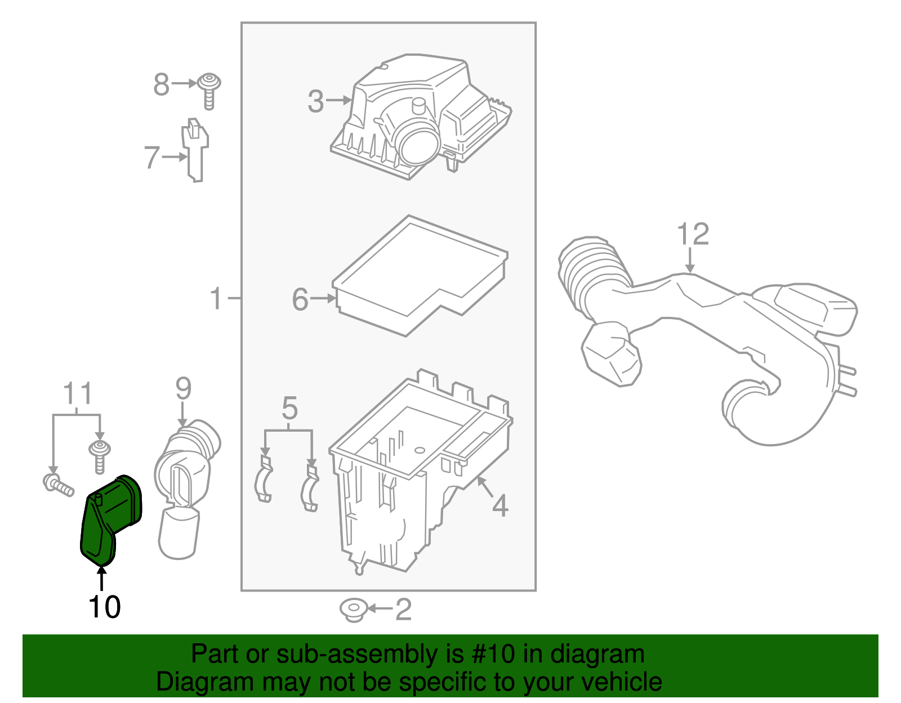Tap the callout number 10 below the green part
(x=104, y=607)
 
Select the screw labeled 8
(x=209, y=90)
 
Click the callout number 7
(x=151, y=157)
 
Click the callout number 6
(x=300, y=299)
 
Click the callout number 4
(x=499, y=505)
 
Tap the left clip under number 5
(x=264, y=481)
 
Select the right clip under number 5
(x=310, y=487)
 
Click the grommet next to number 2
(x=354, y=610)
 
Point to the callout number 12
(x=692, y=234)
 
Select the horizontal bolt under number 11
(x=58, y=485)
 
